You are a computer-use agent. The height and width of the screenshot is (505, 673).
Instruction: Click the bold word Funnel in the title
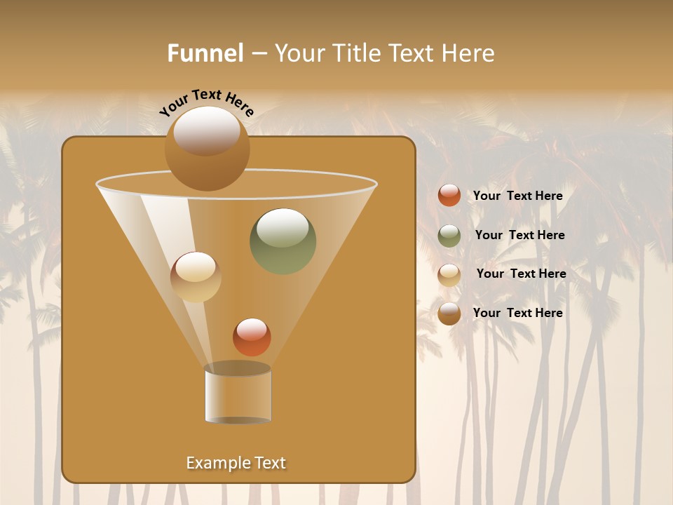click(x=205, y=53)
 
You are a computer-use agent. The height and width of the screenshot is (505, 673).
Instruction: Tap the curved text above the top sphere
click(x=207, y=102)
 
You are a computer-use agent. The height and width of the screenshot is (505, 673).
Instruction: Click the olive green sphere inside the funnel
click(x=283, y=242)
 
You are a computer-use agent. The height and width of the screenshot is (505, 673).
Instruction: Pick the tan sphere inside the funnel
click(x=196, y=277)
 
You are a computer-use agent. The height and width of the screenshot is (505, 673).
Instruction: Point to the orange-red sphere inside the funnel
click(x=252, y=337)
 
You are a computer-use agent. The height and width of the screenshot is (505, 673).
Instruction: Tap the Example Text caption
click(x=236, y=463)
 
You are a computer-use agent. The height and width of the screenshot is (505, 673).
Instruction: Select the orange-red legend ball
click(x=449, y=196)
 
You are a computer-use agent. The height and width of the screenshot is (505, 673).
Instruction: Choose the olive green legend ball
click(x=449, y=236)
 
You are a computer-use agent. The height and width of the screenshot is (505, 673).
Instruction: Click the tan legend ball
click(x=449, y=275)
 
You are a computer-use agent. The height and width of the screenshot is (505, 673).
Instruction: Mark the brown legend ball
click(x=449, y=314)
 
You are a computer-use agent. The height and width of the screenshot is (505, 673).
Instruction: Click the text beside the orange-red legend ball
click(x=517, y=196)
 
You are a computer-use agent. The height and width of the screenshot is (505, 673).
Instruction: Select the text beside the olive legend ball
click(x=519, y=235)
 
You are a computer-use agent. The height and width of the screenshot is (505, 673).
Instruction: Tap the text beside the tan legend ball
click(x=521, y=274)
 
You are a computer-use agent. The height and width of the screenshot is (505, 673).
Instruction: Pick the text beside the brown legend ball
click(x=517, y=313)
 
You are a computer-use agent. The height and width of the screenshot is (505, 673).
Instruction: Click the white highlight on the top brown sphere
click(x=207, y=130)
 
